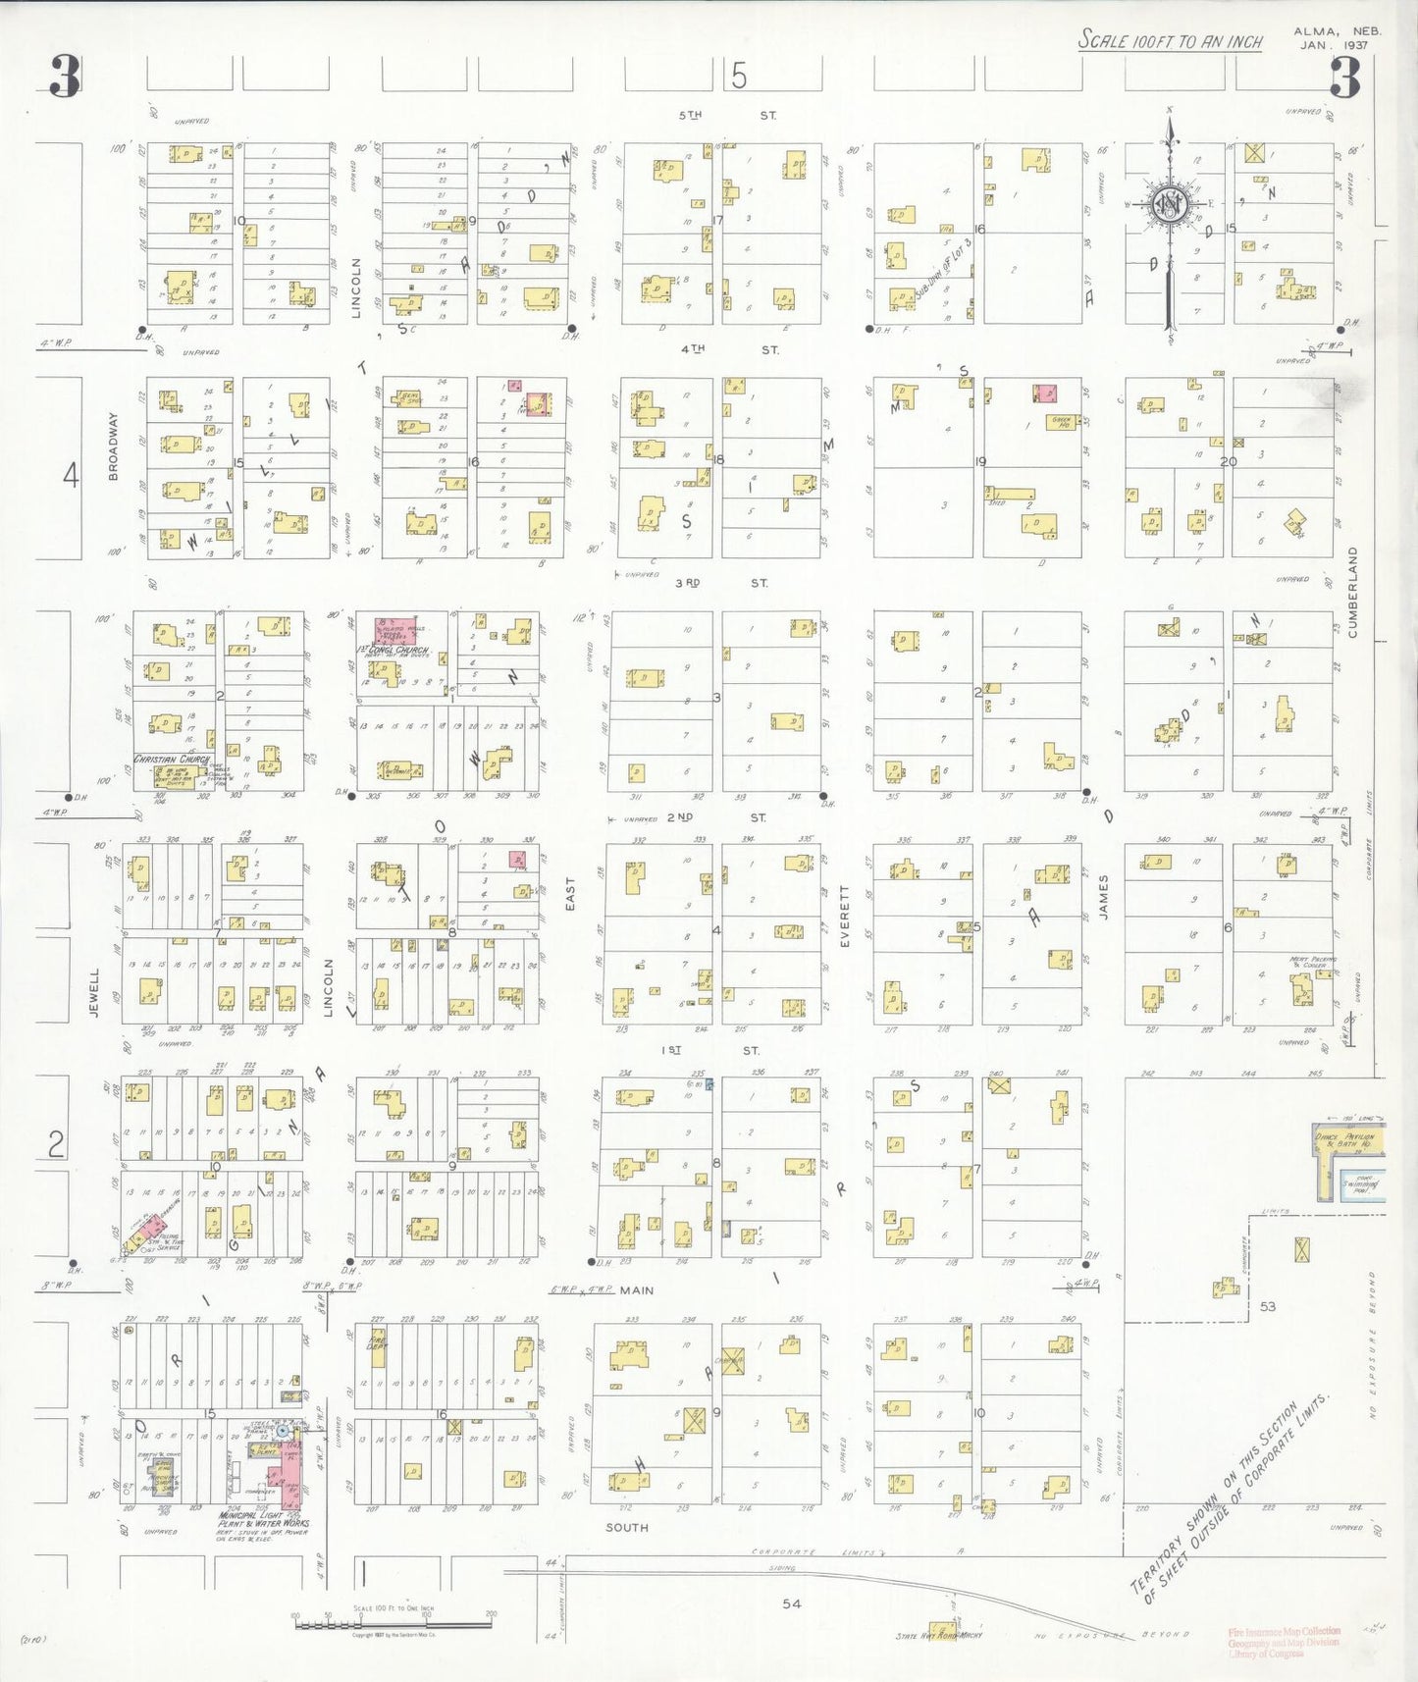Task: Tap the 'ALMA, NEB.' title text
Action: [x=1351, y=31]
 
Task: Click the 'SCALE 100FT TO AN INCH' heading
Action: [x=1170, y=40]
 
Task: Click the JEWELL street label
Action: [x=95, y=992]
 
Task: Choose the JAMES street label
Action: [x=1104, y=897]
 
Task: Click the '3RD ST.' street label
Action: [x=721, y=583]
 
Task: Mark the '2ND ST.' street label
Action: [x=716, y=817]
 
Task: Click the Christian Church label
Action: [x=172, y=760]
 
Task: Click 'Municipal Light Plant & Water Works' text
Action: [x=263, y=1520]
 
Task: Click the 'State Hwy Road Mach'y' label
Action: [x=939, y=1636]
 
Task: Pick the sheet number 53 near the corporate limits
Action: [x=1268, y=1306]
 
